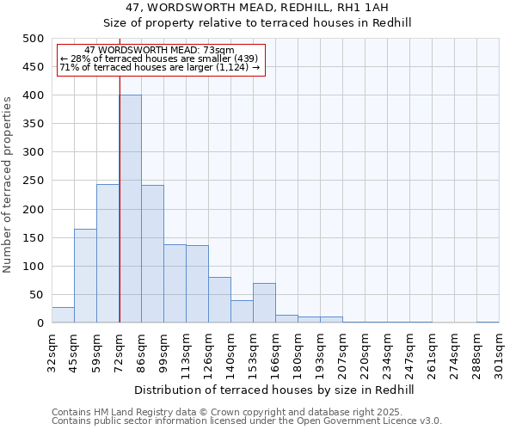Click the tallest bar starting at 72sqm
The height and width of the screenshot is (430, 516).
coord(131,209)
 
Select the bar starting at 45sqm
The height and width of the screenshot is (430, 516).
coord(85,276)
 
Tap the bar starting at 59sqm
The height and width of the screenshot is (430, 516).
coord(107,254)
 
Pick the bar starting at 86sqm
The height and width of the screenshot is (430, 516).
coord(152,255)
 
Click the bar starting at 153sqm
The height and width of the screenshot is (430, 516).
coord(264,303)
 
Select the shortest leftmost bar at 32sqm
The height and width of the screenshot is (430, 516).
coord(63,315)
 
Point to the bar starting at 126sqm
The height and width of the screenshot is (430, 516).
coord(219,300)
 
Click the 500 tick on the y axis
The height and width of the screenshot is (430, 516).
coord(34,39)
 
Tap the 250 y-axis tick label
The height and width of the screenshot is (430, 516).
coord(34,181)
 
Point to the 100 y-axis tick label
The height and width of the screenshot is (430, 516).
coord(34,267)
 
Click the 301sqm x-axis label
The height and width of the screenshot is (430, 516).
coord(499,349)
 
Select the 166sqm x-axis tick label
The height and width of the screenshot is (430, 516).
coord(275,349)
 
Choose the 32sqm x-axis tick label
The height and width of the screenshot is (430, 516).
coord(52,349)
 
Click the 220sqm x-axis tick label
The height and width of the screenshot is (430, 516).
coord(365,349)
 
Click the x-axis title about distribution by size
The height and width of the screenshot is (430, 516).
coord(274,390)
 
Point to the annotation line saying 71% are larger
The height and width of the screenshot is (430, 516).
coord(159,67)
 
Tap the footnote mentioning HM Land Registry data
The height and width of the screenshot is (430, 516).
coord(246,413)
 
